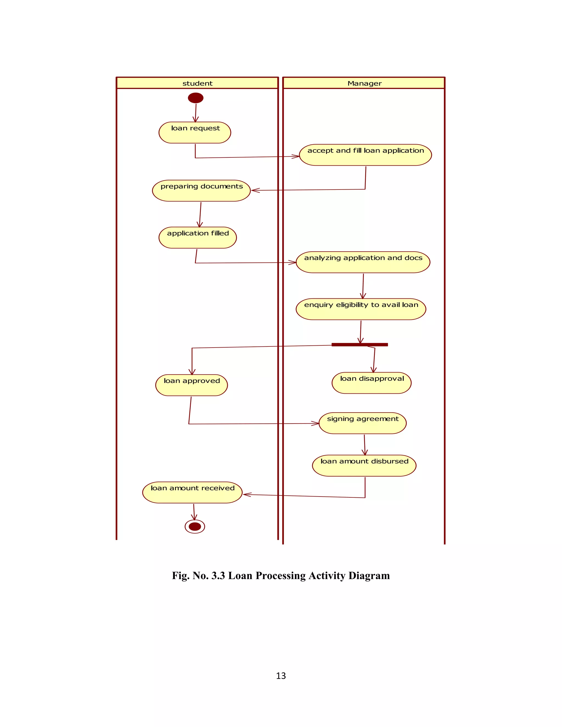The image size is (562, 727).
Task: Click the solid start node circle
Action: pos(195,98)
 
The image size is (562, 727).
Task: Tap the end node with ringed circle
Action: pos(195,526)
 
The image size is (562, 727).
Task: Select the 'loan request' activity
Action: pos(195,133)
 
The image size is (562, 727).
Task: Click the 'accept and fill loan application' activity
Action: pos(365,155)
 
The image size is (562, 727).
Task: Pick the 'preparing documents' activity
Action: pos(201,190)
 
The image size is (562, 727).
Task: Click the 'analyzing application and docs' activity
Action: pos(363,262)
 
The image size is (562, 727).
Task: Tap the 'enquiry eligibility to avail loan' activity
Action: pos(361,309)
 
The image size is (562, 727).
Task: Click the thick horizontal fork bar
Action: pos(359,345)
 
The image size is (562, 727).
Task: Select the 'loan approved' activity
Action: pos(192,385)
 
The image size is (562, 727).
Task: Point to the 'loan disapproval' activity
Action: pos(372,383)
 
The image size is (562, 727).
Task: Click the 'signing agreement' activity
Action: pos(363,423)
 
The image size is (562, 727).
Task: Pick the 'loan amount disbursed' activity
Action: pos(364,465)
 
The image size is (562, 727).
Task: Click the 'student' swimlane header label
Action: pos(197,83)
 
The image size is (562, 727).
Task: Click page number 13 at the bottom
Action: pos(281,675)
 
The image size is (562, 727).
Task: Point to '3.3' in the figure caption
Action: pos(218,576)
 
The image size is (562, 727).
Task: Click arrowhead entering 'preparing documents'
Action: pos(255,190)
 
